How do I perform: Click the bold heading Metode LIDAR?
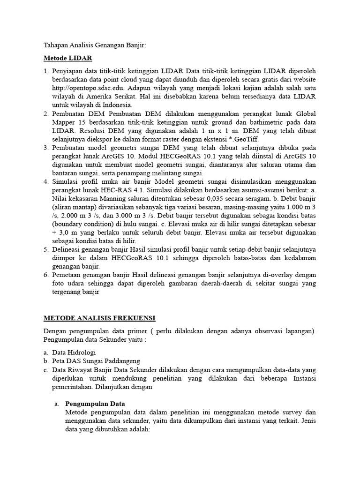click(x=68, y=58)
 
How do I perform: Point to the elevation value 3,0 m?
click(x=63, y=232)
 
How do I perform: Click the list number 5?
click(x=46, y=249)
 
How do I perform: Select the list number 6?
click(x=46, y=275)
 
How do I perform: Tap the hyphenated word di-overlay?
click(x=278, y=275)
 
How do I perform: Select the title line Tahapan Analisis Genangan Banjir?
click(x=95, y=45)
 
